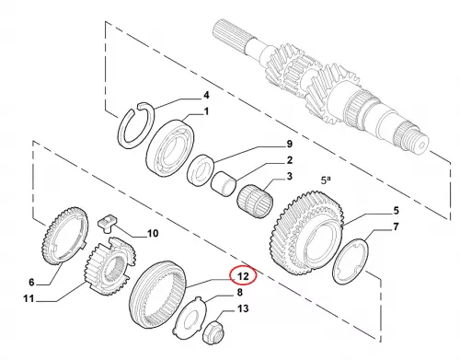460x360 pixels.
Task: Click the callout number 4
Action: click(x=206, y=95)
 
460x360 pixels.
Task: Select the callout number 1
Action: click(x=206, y=111)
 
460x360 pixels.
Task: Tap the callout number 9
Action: click(x=289, y=144)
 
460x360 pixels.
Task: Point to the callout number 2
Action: click(x=289, y=160)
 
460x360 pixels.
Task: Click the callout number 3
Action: click(x=289, y=177)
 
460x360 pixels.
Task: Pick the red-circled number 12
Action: click(x=243, y=276)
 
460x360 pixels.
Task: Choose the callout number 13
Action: click(x=243, y=308)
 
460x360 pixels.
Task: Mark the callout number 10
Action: click(x=153, y=234)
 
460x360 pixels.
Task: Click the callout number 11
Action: click(x=29, y=298)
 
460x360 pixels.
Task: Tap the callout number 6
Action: click(x=31, y=282)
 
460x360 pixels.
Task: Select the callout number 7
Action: click(x=396, y=226)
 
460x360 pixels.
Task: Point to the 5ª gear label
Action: click(x=326, y=180)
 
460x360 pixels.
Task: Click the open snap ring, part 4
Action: click(x=136, y=125)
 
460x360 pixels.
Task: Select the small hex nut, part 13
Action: click(x=213, y=332)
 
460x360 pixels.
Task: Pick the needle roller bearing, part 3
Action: click(x=255, y=202)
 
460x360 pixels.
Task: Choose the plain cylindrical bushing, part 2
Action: click(x=224, y=184)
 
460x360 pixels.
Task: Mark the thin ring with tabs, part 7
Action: click(x=351, y=261)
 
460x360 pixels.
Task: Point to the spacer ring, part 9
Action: click(x=201, y=170)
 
